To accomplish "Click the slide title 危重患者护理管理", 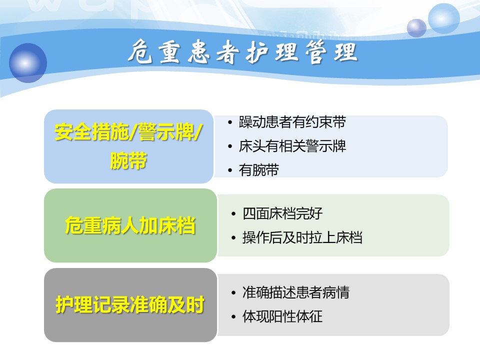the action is [x=242, y=52].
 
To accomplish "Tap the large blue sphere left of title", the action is [x=28, y=63].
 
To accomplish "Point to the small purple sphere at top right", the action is [x=416, y=28].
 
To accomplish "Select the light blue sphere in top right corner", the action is [x=443, y=18].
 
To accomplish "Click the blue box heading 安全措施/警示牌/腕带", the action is [x=128, y=146].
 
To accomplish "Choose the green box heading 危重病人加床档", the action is [x=130, y=225].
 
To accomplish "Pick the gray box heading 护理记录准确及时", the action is [x=130, y=305].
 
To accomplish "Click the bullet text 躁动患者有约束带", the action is [x=292, y=122].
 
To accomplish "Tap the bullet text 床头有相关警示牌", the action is [x=292, y=146].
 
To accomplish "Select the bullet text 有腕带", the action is [x=259, y=170].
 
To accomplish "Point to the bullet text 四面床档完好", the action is [x=282, y=213].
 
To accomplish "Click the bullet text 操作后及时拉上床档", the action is [x=302, y=237].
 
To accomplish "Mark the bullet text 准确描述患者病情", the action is [x=295, y=292].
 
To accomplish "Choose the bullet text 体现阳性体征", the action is [x=282, y=316].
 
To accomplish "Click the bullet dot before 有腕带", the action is [x=230, y=170].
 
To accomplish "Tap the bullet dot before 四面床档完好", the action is [x=233, y=214].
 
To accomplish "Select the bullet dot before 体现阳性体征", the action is [x=233, y=317].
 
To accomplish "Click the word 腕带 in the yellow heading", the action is [x=128, y=160].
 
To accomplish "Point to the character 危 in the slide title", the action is [x=140, y=51].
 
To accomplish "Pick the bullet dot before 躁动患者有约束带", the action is [x=230, y=122].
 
